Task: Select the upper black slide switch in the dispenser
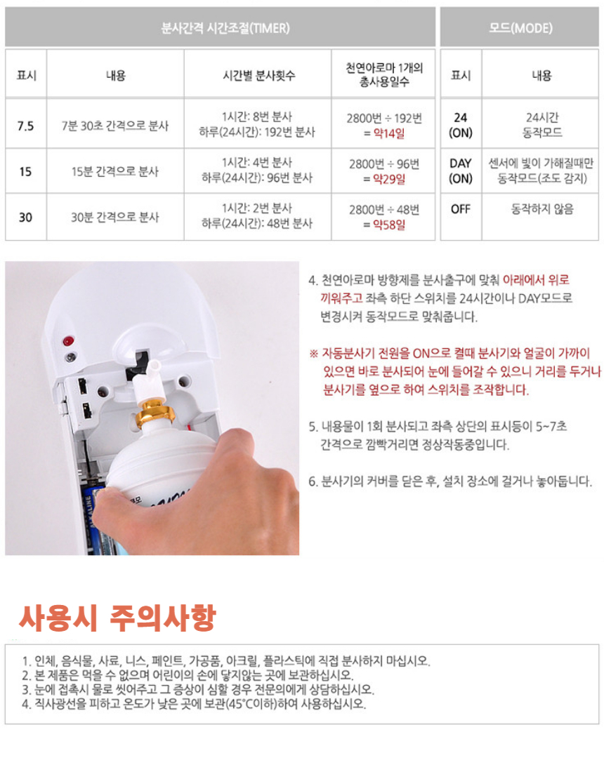pyautogui.click(x=82, y=385)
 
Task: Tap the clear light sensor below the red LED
pyautogui.click(x=70, y=357)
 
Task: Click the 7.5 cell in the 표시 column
pyautogui.click(x=25, y=126)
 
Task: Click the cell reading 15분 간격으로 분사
pyautogui.click(x=115, y=171)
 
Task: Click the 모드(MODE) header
pyautogui.click(x=520, y=28)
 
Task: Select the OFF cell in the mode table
pyautogui.click(x=460, y=209)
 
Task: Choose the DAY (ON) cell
pyautogui.click(x=460, y=171)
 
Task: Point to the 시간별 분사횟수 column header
pyautogui.click(x=257, y=75)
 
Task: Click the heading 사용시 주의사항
pyautogui.click(x=117, y=617)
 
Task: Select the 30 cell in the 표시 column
pyautogui.click(x=25, y=218)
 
